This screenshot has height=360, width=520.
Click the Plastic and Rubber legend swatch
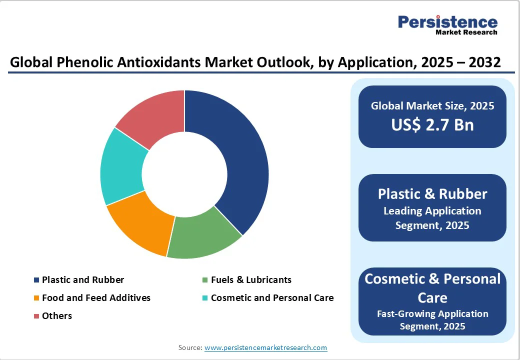click(36, 280)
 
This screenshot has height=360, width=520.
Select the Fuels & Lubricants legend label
click(251, 280)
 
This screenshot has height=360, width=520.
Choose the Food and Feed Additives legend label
click(96, 298)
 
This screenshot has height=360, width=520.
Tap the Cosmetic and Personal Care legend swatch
click(205, 298)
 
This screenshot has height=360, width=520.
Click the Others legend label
click(57, 316)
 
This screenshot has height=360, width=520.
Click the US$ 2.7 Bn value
click(432, 124)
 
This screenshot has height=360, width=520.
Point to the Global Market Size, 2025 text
click(432, 106)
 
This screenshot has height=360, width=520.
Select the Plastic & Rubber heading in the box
click(432, 194)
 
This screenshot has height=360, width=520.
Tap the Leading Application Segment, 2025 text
click(432, 218)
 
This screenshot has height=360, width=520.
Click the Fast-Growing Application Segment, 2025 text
click(432, 320)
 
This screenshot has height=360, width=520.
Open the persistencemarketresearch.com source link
click(265, 347)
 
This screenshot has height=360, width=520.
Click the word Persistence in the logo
click(447, 22)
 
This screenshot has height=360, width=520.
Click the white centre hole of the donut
click(184, 174)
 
